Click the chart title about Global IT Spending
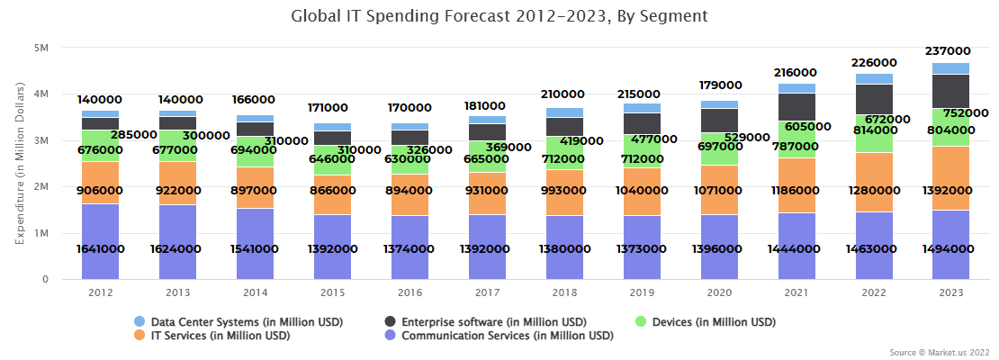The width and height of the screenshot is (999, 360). click(x=499, y=16)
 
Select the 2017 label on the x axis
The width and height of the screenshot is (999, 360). click(x=488, y=293)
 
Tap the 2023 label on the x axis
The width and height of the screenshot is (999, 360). click(x=949, y=293)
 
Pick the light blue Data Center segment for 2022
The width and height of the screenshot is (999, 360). click(x=873, y=78)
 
